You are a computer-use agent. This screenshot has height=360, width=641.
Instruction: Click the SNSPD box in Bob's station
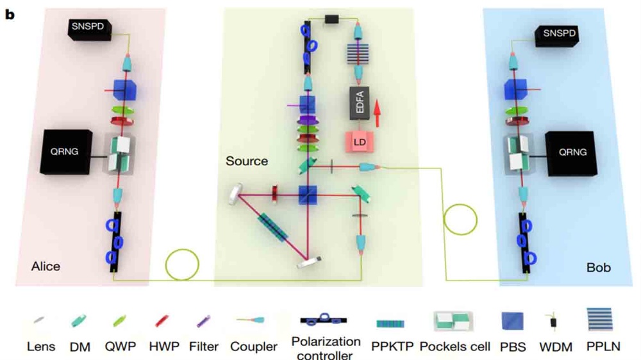click(x=555, y=34)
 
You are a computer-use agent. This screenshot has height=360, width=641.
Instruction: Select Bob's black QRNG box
click(x=572, y=153)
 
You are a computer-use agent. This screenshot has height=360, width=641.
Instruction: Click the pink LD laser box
click(x=360, y=142)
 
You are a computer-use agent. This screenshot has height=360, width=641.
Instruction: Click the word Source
click(x=247, y=161)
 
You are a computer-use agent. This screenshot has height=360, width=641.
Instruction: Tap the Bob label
click(x=599, y=267)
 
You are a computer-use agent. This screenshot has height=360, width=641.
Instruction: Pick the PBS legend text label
click(x=512, y=347)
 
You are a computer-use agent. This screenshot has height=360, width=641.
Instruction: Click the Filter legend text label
click(x=204, y=347)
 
